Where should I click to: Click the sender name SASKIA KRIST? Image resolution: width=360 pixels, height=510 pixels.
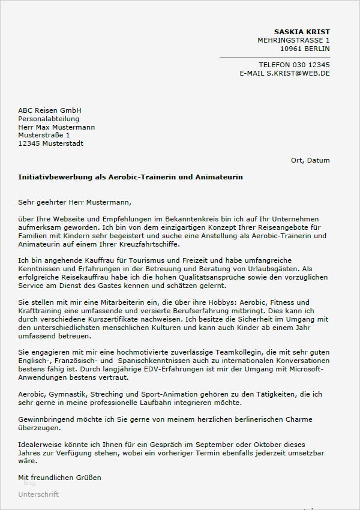302,32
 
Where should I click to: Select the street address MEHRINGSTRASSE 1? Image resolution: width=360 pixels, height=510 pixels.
293,40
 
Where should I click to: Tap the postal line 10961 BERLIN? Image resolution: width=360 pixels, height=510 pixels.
305,49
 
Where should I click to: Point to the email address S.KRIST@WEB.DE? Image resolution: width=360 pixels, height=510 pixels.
298,73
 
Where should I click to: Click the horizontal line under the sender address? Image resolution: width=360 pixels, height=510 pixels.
274,57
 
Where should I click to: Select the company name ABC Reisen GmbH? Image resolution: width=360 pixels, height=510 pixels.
50,110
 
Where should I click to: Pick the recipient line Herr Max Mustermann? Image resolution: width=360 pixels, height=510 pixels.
56,127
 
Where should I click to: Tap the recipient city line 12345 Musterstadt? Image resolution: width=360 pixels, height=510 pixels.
51,143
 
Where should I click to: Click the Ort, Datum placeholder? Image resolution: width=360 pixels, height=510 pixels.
310,160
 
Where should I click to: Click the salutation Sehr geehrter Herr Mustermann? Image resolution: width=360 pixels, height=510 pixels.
74,202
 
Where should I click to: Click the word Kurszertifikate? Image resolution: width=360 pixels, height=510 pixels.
114,319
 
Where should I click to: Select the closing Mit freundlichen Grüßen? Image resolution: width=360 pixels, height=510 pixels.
60,478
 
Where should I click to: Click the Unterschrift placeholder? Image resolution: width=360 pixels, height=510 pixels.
39,494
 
